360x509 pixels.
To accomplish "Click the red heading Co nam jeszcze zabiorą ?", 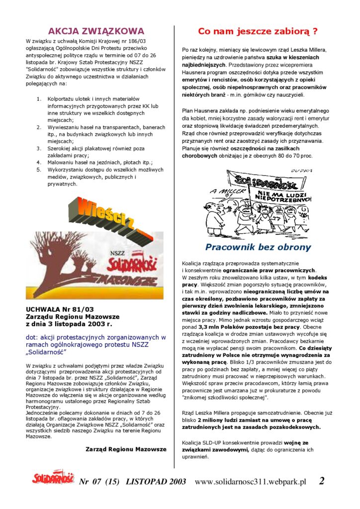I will [x=258, y=31].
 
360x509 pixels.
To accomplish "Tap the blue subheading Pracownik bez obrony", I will [x=258, y=247].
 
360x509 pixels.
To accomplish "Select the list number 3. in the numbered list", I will [x=39, y=148].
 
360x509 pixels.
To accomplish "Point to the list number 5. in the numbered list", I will [x=39, y=170].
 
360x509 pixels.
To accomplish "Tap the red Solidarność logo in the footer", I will [x=53, y=479].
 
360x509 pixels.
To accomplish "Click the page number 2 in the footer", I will [x=322, y=481].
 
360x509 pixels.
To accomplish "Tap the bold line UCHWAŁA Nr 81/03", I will [x=59, y=309].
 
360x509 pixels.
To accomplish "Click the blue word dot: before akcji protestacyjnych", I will [x=31, y=337].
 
